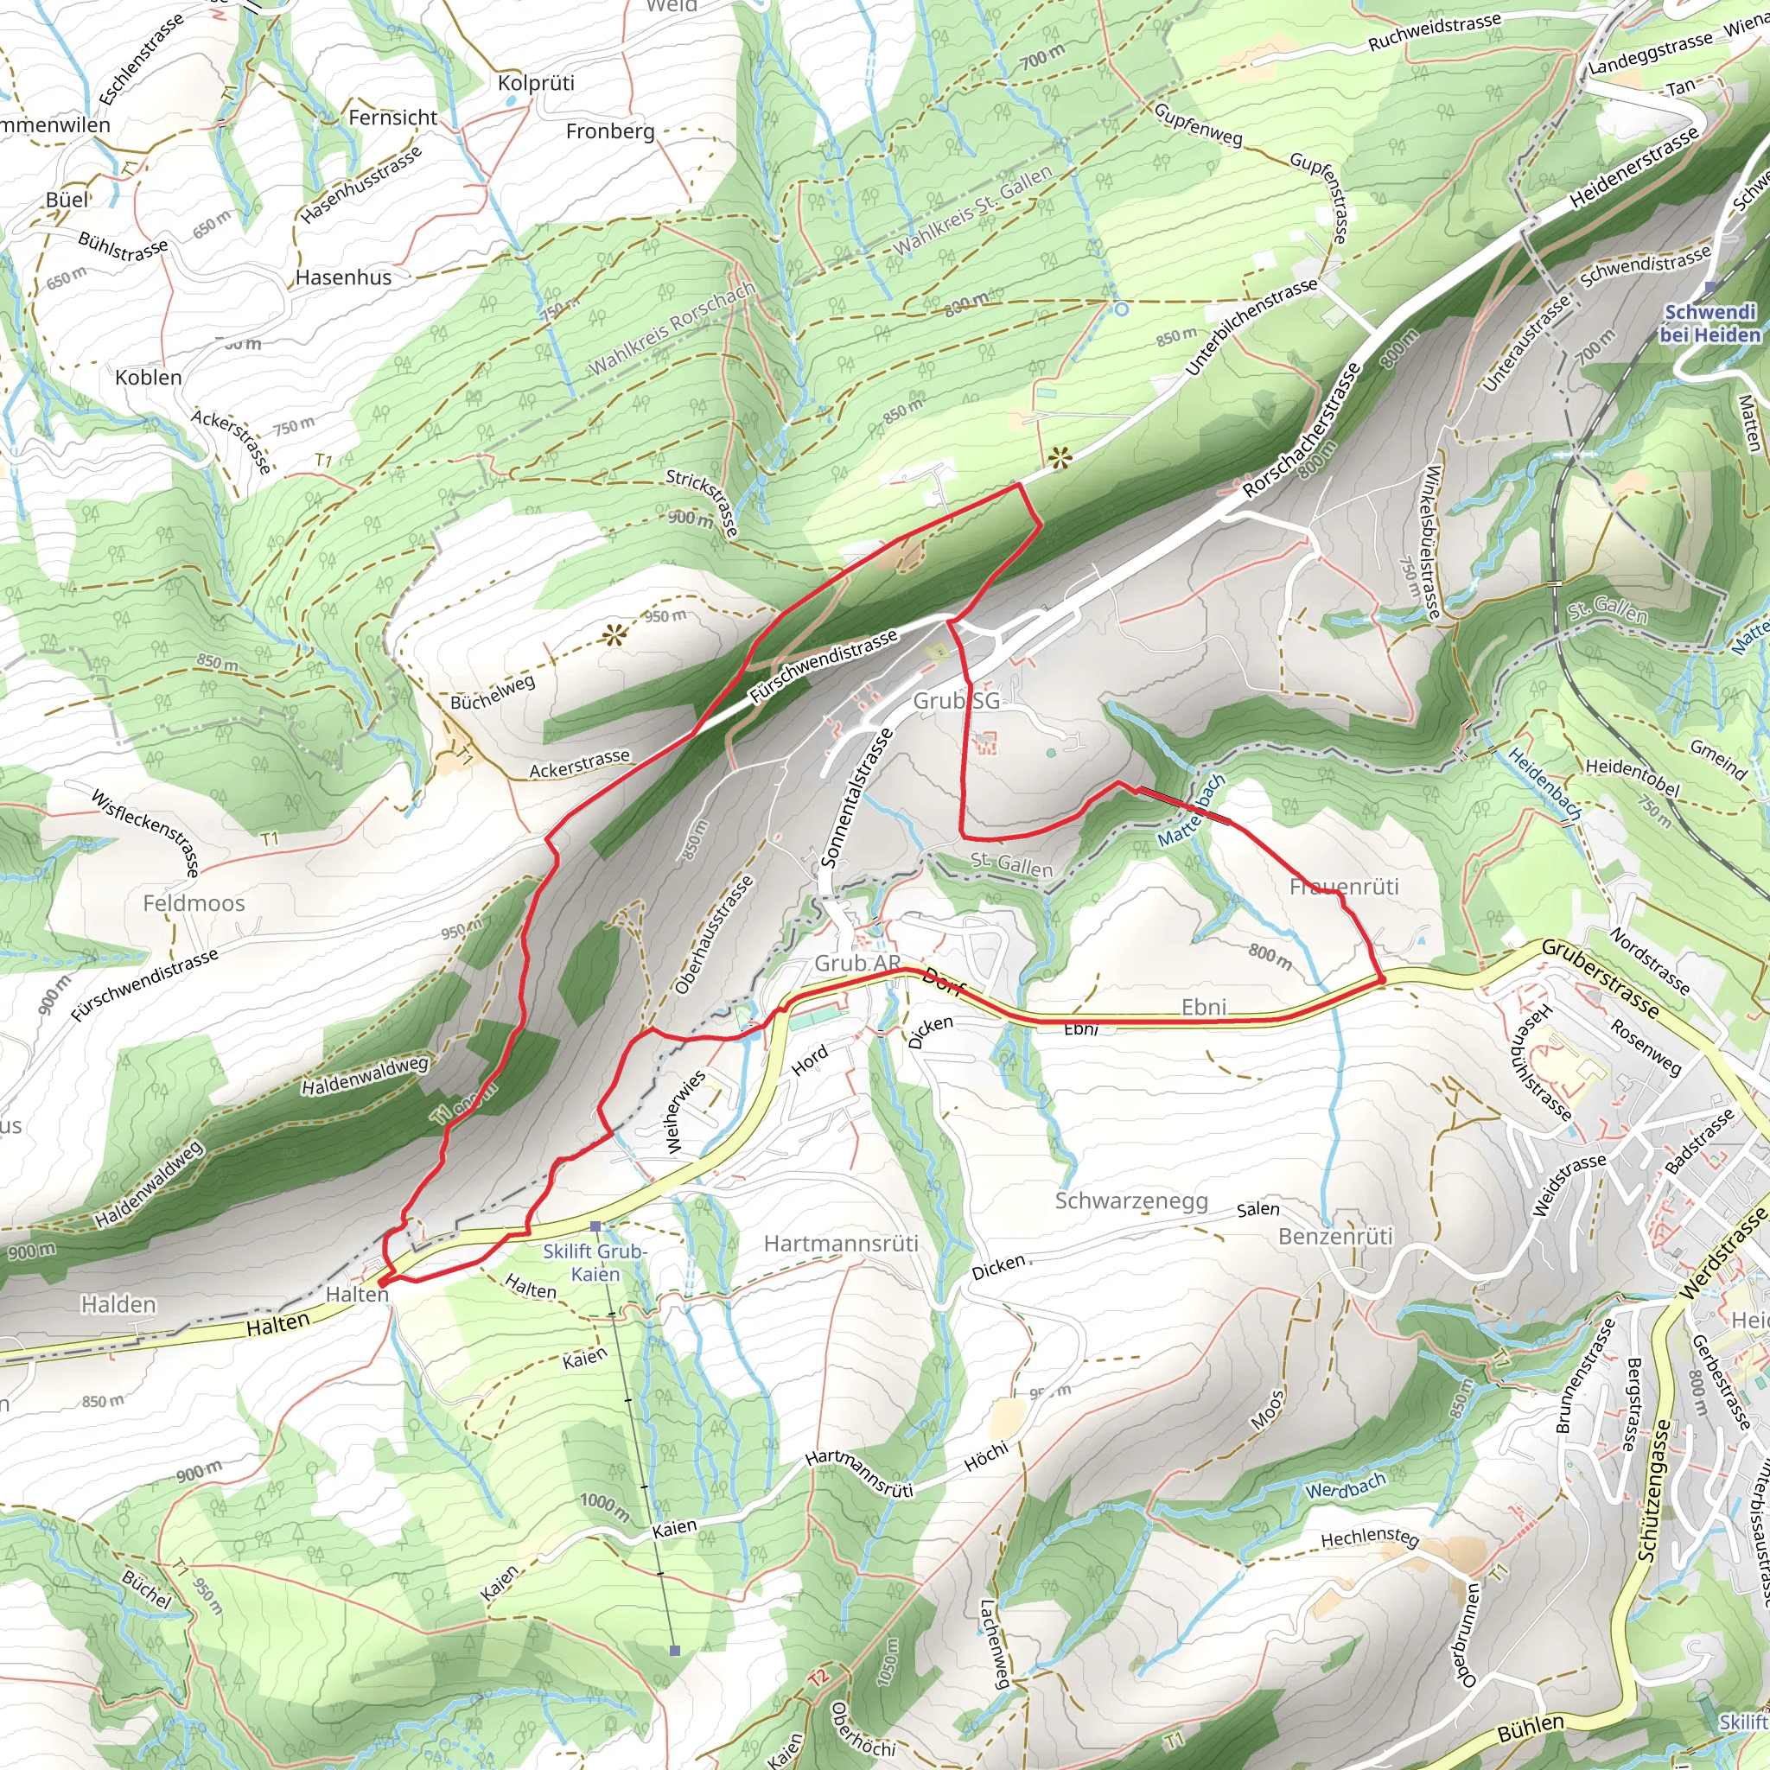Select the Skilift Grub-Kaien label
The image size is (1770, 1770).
coord(595,1263)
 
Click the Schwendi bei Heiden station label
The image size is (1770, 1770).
coord(1710,323)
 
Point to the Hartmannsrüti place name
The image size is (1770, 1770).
coord(840,1243)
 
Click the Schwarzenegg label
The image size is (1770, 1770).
coord(1130,1201)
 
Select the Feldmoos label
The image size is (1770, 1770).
coord(194,903)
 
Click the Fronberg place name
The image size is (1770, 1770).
coord(610,131)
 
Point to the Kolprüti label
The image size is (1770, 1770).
coord(536,82)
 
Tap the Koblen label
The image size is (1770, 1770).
coord(149,378)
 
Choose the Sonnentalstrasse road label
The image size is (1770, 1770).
coord(856,797)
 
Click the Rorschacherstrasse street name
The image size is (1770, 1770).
coord(1301,430)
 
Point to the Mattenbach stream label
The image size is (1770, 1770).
coord(1191,812)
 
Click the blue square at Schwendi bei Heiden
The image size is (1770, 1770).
coord(1710,287)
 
